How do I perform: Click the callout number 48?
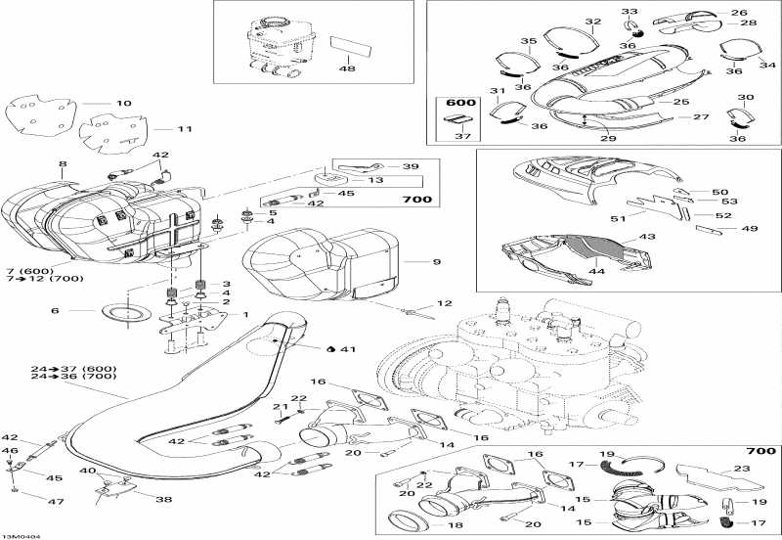coord(347,67)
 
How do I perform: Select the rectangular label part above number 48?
coord(351,46)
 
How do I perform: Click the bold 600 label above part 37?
coord(460,103)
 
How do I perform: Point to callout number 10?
coord(124,104)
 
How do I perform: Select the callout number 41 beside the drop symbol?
coord(348,349)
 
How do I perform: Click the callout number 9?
coord(437,261)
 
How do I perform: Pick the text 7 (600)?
coord(30,271)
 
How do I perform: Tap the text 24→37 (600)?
coord(74,369)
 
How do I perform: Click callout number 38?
coord(164,499)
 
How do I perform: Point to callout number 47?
coord(56,501)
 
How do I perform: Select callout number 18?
coord(456,525)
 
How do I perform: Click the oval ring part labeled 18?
coord(408,520)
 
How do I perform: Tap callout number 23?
coord(742,469)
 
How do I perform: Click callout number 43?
coord(647,237)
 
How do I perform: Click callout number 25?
coord(681,102)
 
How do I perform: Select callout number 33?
coord(629,12)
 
